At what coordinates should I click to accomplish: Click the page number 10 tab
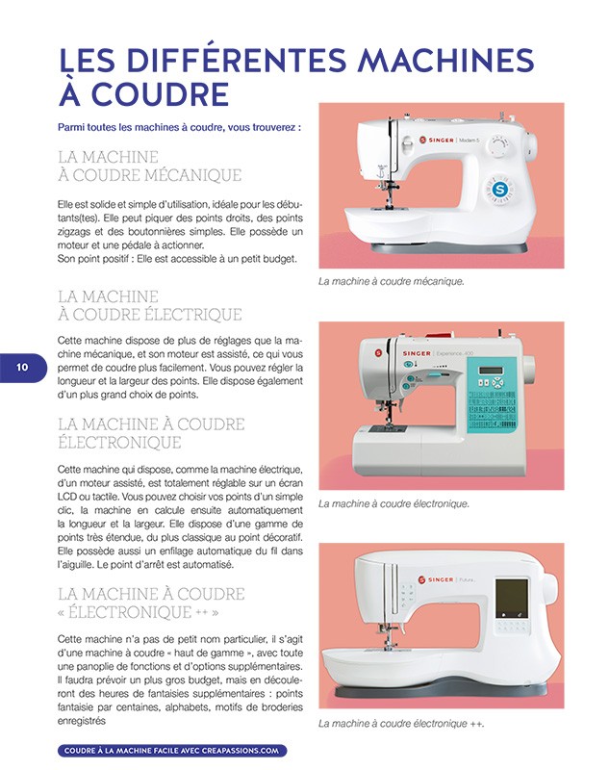[21, 367]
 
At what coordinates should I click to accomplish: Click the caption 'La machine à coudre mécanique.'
[391, 282]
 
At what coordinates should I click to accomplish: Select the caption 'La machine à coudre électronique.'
[393, 503]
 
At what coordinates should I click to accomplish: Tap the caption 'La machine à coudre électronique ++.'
[400, 724]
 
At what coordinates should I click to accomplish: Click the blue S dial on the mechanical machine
[499, 190]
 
